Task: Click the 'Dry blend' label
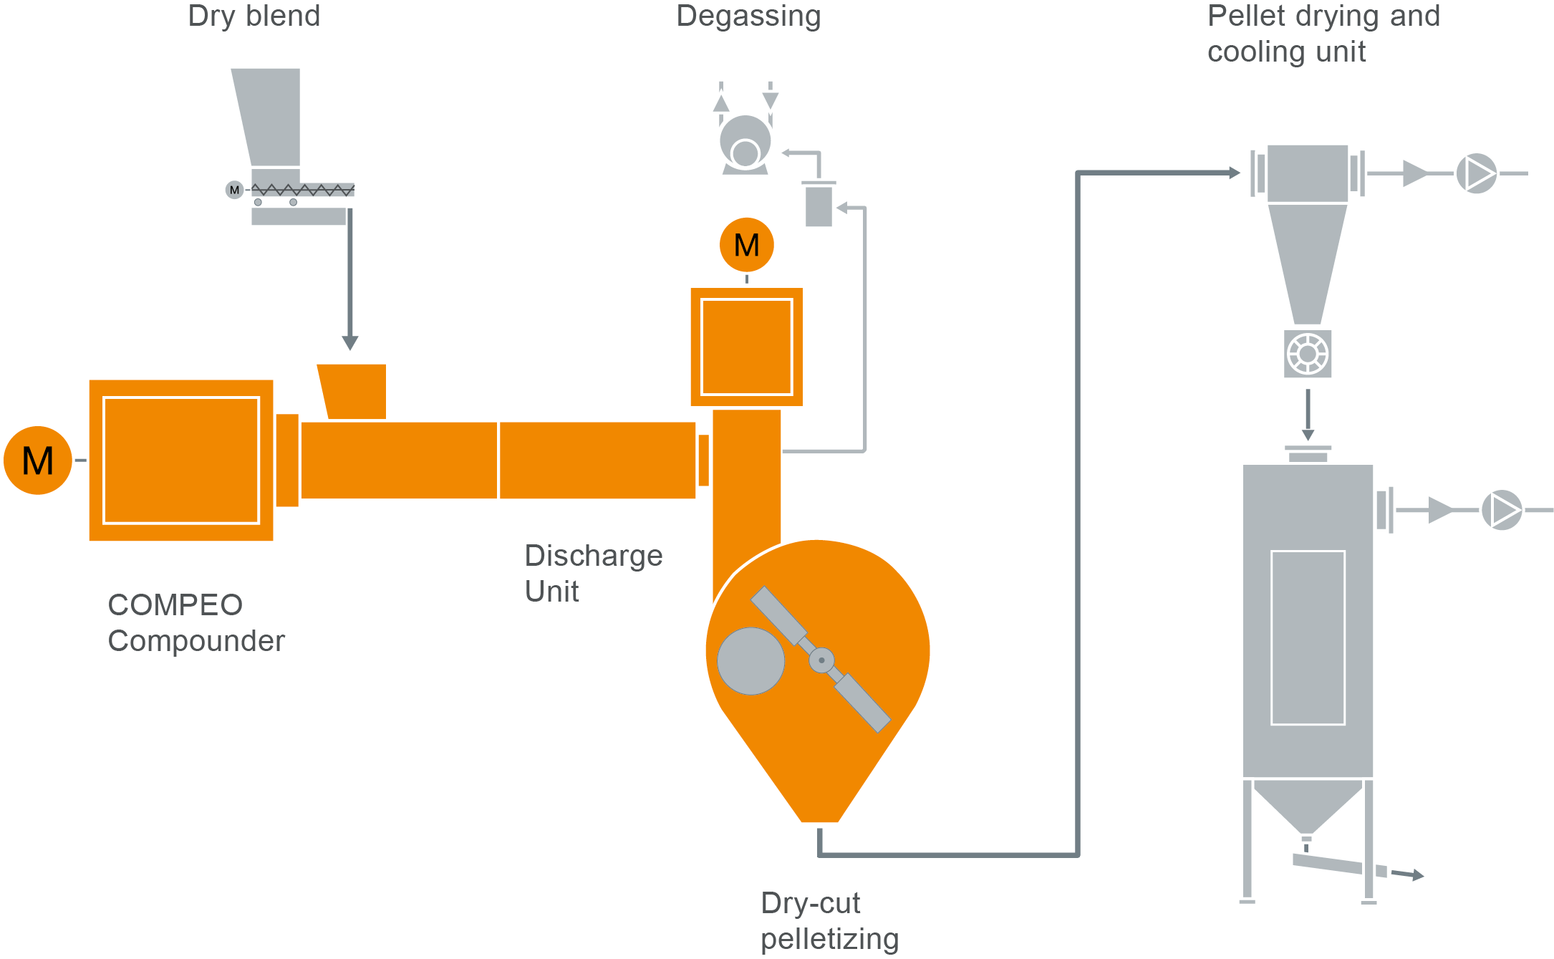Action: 254,16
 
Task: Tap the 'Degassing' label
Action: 748,16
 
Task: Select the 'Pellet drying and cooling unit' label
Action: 1323,34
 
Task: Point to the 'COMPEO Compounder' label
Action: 196,622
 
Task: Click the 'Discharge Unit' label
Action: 593,573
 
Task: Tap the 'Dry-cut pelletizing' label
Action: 829,920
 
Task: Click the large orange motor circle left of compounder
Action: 38,460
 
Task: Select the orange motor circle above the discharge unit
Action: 746,245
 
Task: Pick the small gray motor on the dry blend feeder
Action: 234,190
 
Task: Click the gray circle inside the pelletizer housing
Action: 751,661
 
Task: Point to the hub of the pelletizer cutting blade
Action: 821,660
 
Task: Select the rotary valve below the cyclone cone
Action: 1307,354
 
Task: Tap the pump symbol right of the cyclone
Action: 1476,173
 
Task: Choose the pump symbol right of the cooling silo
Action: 1501,510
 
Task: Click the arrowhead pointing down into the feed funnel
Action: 350,343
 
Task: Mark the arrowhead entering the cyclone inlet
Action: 1234,173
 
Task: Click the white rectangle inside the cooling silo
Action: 1307,637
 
